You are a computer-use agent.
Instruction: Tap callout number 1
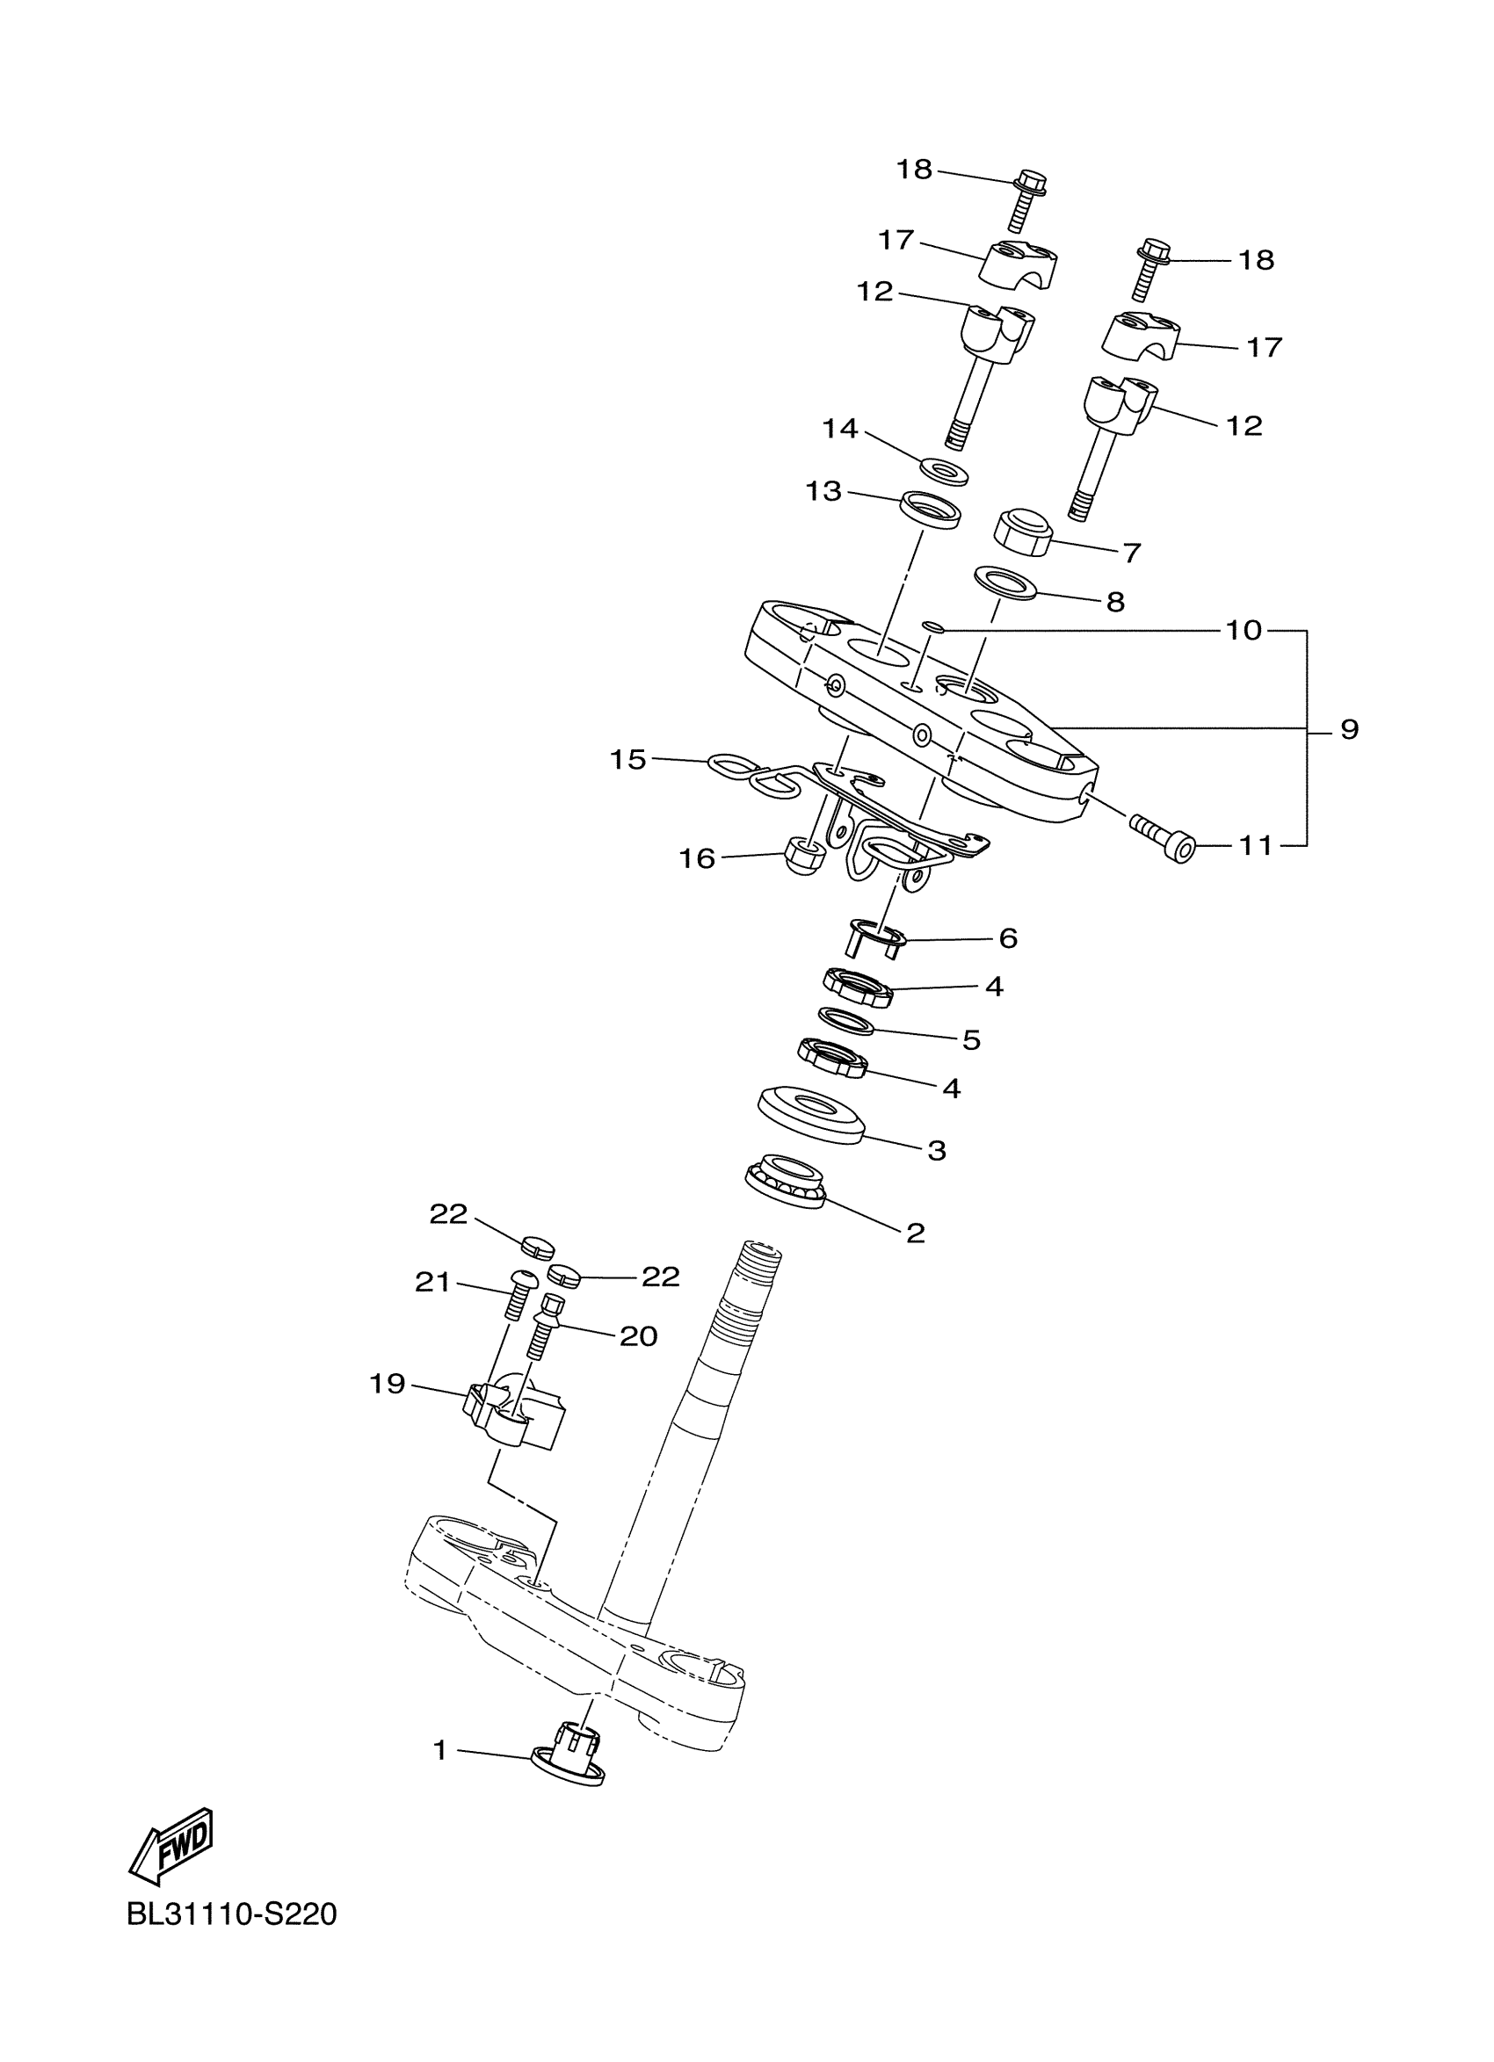pyautogui.click(x=440, y=1749)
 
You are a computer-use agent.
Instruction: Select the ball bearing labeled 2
pyautogui.click(x=785, y=1182)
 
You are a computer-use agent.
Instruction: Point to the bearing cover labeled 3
pyautogui.click(x=810, y=1114)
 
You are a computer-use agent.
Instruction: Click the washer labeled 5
pyautogui.click(x=846, y=1021)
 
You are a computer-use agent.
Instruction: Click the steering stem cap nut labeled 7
pyautogui.click(x=1024, y=532)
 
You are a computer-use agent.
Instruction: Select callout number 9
pyautogui.click(x=1349, y=729)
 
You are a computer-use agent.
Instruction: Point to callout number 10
pyautogui.click(x=1244, y=630)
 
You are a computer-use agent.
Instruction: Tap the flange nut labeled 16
pyautogui.click(x=805, y=857)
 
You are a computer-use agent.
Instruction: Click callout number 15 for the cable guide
pyautogui.click(x=627, y=759)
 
